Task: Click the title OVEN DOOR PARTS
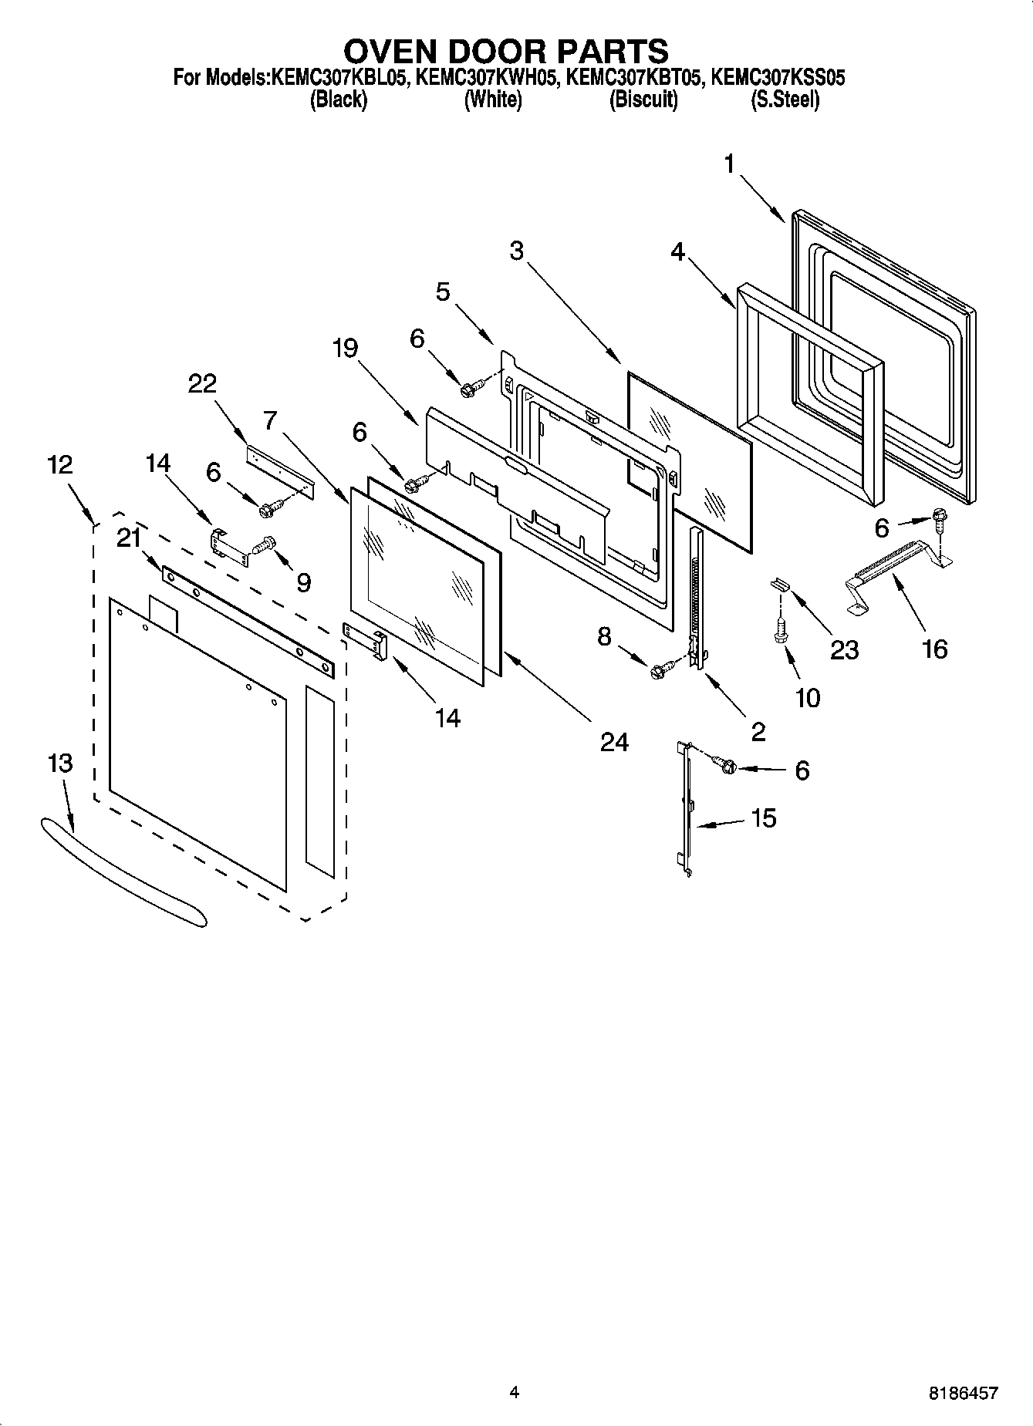(x=505, y=51)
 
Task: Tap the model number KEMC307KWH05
(x=486, y=78)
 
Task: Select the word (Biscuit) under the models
(x=643, y=100)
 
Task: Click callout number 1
(x=729, y=165)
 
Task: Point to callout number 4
(x=677, y=251)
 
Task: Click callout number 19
(x=345, y=349)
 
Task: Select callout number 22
(x=202, y=383)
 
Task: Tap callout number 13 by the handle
(x=60, y=763)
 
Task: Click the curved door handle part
(x=123, y=871)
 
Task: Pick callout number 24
(x=614, y=742)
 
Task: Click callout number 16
(x=934, y=649)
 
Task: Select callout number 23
(x=844, y=650)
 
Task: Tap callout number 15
(x=763, y=818)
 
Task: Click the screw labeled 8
(x=659, y=671)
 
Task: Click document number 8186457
(x=964, y=1393)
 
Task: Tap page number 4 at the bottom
(x=515, y=1392)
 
